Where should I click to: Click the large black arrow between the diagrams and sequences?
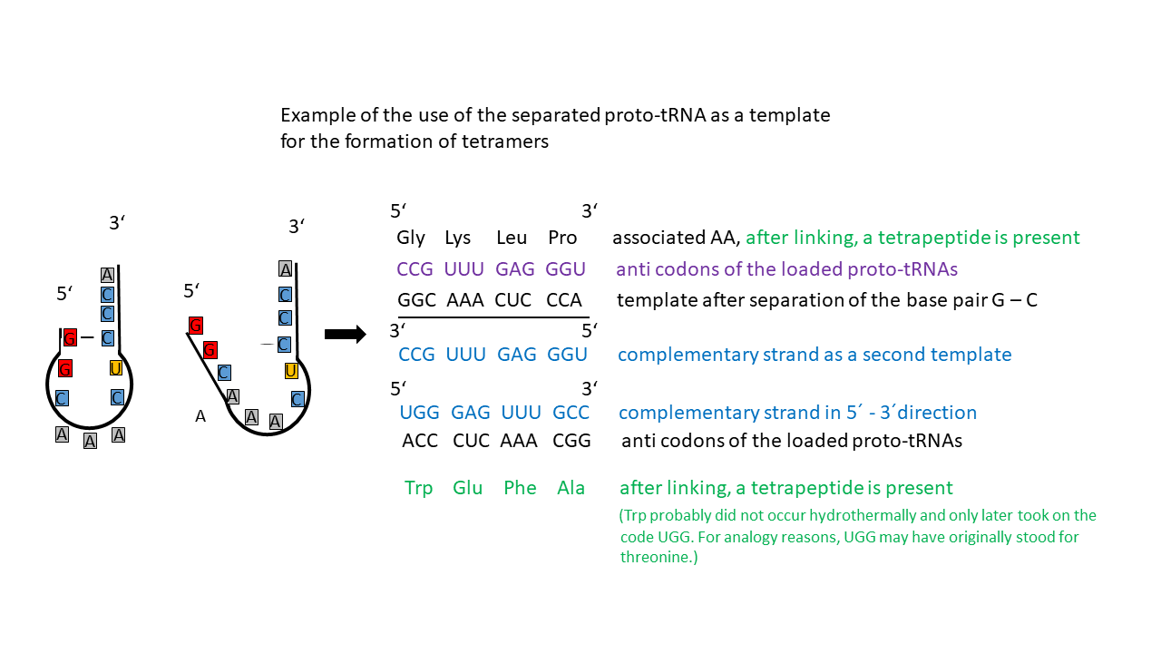pos(346,335)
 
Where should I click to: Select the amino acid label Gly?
pos(411,238)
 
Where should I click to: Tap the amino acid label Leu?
pos(512,238)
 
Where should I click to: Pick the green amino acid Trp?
pos(418,488)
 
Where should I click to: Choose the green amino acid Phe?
pos(520,488)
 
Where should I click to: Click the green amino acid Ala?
pos(571,488)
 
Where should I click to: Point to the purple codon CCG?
pos(415,269)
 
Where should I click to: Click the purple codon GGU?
pos(565,269)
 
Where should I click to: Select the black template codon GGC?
pos(416,300)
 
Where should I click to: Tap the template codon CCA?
pos(564,300)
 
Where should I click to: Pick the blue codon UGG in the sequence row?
pos(419,413)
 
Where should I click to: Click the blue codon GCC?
pos(571,413)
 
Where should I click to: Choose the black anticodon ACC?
pos(420,441)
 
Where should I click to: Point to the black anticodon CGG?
pos(571,441)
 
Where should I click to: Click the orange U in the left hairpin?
pos(115,368)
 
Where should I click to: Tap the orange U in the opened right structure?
pos(291,371)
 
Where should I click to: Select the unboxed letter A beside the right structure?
pos(200,416)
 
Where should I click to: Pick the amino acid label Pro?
pos(562,238)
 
